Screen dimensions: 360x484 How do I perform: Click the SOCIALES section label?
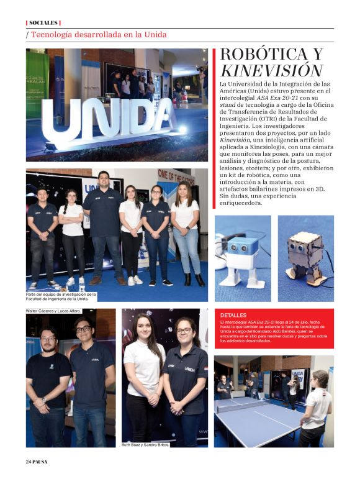point(43,22)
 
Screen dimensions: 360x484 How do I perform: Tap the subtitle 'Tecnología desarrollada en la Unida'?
point(98,35)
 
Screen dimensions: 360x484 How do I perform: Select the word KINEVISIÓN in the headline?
point(271,70)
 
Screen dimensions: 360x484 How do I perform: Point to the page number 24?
point(29,462)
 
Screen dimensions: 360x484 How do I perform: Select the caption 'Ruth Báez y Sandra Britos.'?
point(145,445)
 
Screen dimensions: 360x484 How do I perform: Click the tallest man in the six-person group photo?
point(103,224)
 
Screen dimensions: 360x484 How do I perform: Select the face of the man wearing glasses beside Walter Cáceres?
point(83,329)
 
